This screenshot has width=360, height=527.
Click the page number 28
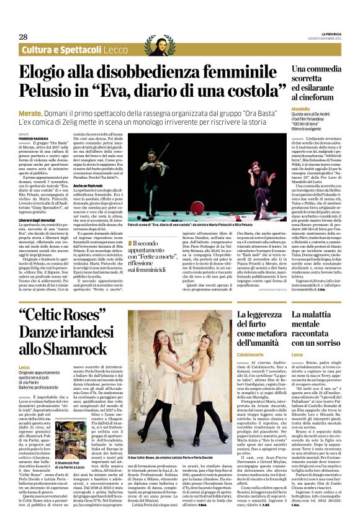pyautogui.click(x=23, y=37)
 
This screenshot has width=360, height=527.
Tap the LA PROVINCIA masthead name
pyautogui.click(x=330, y=34)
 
